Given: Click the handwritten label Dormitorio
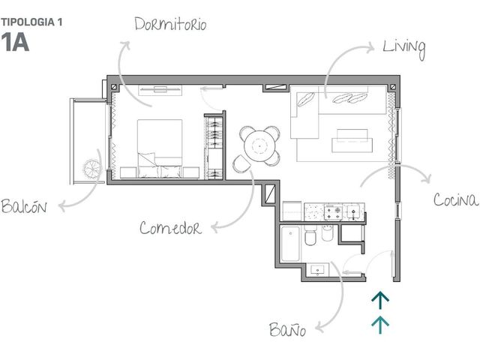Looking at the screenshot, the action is click(170, 24).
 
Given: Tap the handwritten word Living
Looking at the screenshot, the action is click(404, 49).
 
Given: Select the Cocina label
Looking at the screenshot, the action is click(455, 200).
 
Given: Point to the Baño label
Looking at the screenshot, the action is click(287, 329).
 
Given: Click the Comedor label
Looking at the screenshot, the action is click(170, 228).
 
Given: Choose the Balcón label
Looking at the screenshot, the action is click(24, 206).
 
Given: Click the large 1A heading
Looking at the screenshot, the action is click(15, 42).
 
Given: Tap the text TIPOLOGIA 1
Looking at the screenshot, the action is click(31, 22).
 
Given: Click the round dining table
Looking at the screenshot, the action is click(259, 146).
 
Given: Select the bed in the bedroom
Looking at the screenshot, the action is click(160, 148).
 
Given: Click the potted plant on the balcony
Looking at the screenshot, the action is click(91, 167).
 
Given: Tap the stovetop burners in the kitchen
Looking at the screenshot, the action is click(333, 212).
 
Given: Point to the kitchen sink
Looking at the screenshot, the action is click(353, 211).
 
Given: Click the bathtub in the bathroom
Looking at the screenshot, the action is click(290, 244).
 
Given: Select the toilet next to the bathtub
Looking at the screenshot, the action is click(310, 236).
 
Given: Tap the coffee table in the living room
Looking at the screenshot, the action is click(352, 141).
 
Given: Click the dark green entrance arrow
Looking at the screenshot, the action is click(380, 300).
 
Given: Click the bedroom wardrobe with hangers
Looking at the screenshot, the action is click(214, 146).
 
